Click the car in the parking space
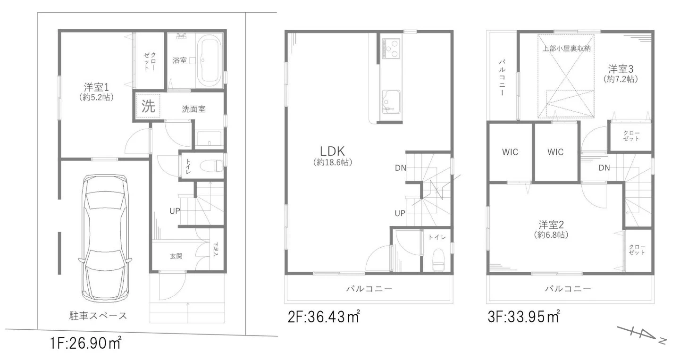click(x=105, y=238)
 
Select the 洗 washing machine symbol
click(x=148, y=106)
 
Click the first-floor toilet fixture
click(x=212, y=166)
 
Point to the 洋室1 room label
click(x=96, y=87)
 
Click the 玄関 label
click(x=176, y=256)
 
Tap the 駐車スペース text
click(x=98, y=316)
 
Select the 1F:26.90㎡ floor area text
click(x=85, y=343)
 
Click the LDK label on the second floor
click(x=332, y=151)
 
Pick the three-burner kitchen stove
click(x=391, y=48)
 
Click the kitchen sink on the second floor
click(x=391, y=102)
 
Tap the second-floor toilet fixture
click(x=438, y=260)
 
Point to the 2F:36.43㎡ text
click(x=324, y=317)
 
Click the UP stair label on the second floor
click(x=400, y=213)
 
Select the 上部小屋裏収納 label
click(x=566, y=49)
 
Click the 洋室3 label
click(x=621, y=69)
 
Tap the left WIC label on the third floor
click(x=510, y=152)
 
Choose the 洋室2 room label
click(x=551, y=225)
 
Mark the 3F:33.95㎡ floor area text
click(x=524, y=317)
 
